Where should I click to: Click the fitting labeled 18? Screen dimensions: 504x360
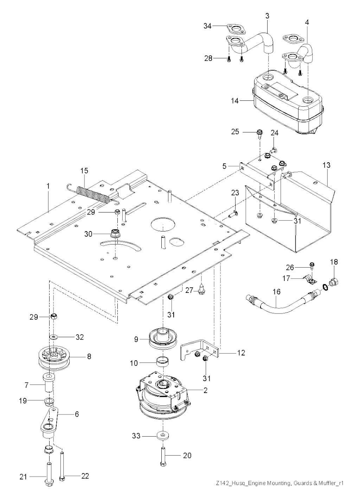point(334,282)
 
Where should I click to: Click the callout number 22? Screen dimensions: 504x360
point(85,476)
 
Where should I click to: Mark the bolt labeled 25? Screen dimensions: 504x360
point(259,133)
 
